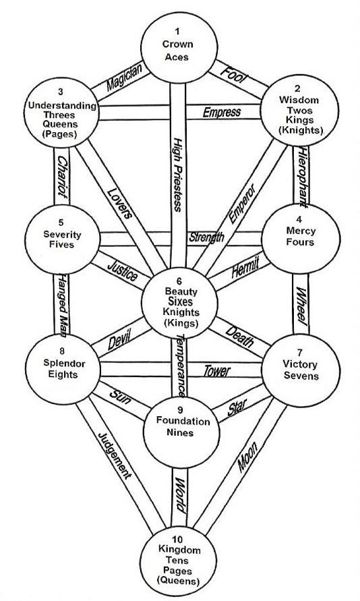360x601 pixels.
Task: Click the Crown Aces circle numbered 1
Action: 177,45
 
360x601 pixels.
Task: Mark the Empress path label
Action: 222,112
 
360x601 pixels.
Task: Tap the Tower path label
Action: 217,371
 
